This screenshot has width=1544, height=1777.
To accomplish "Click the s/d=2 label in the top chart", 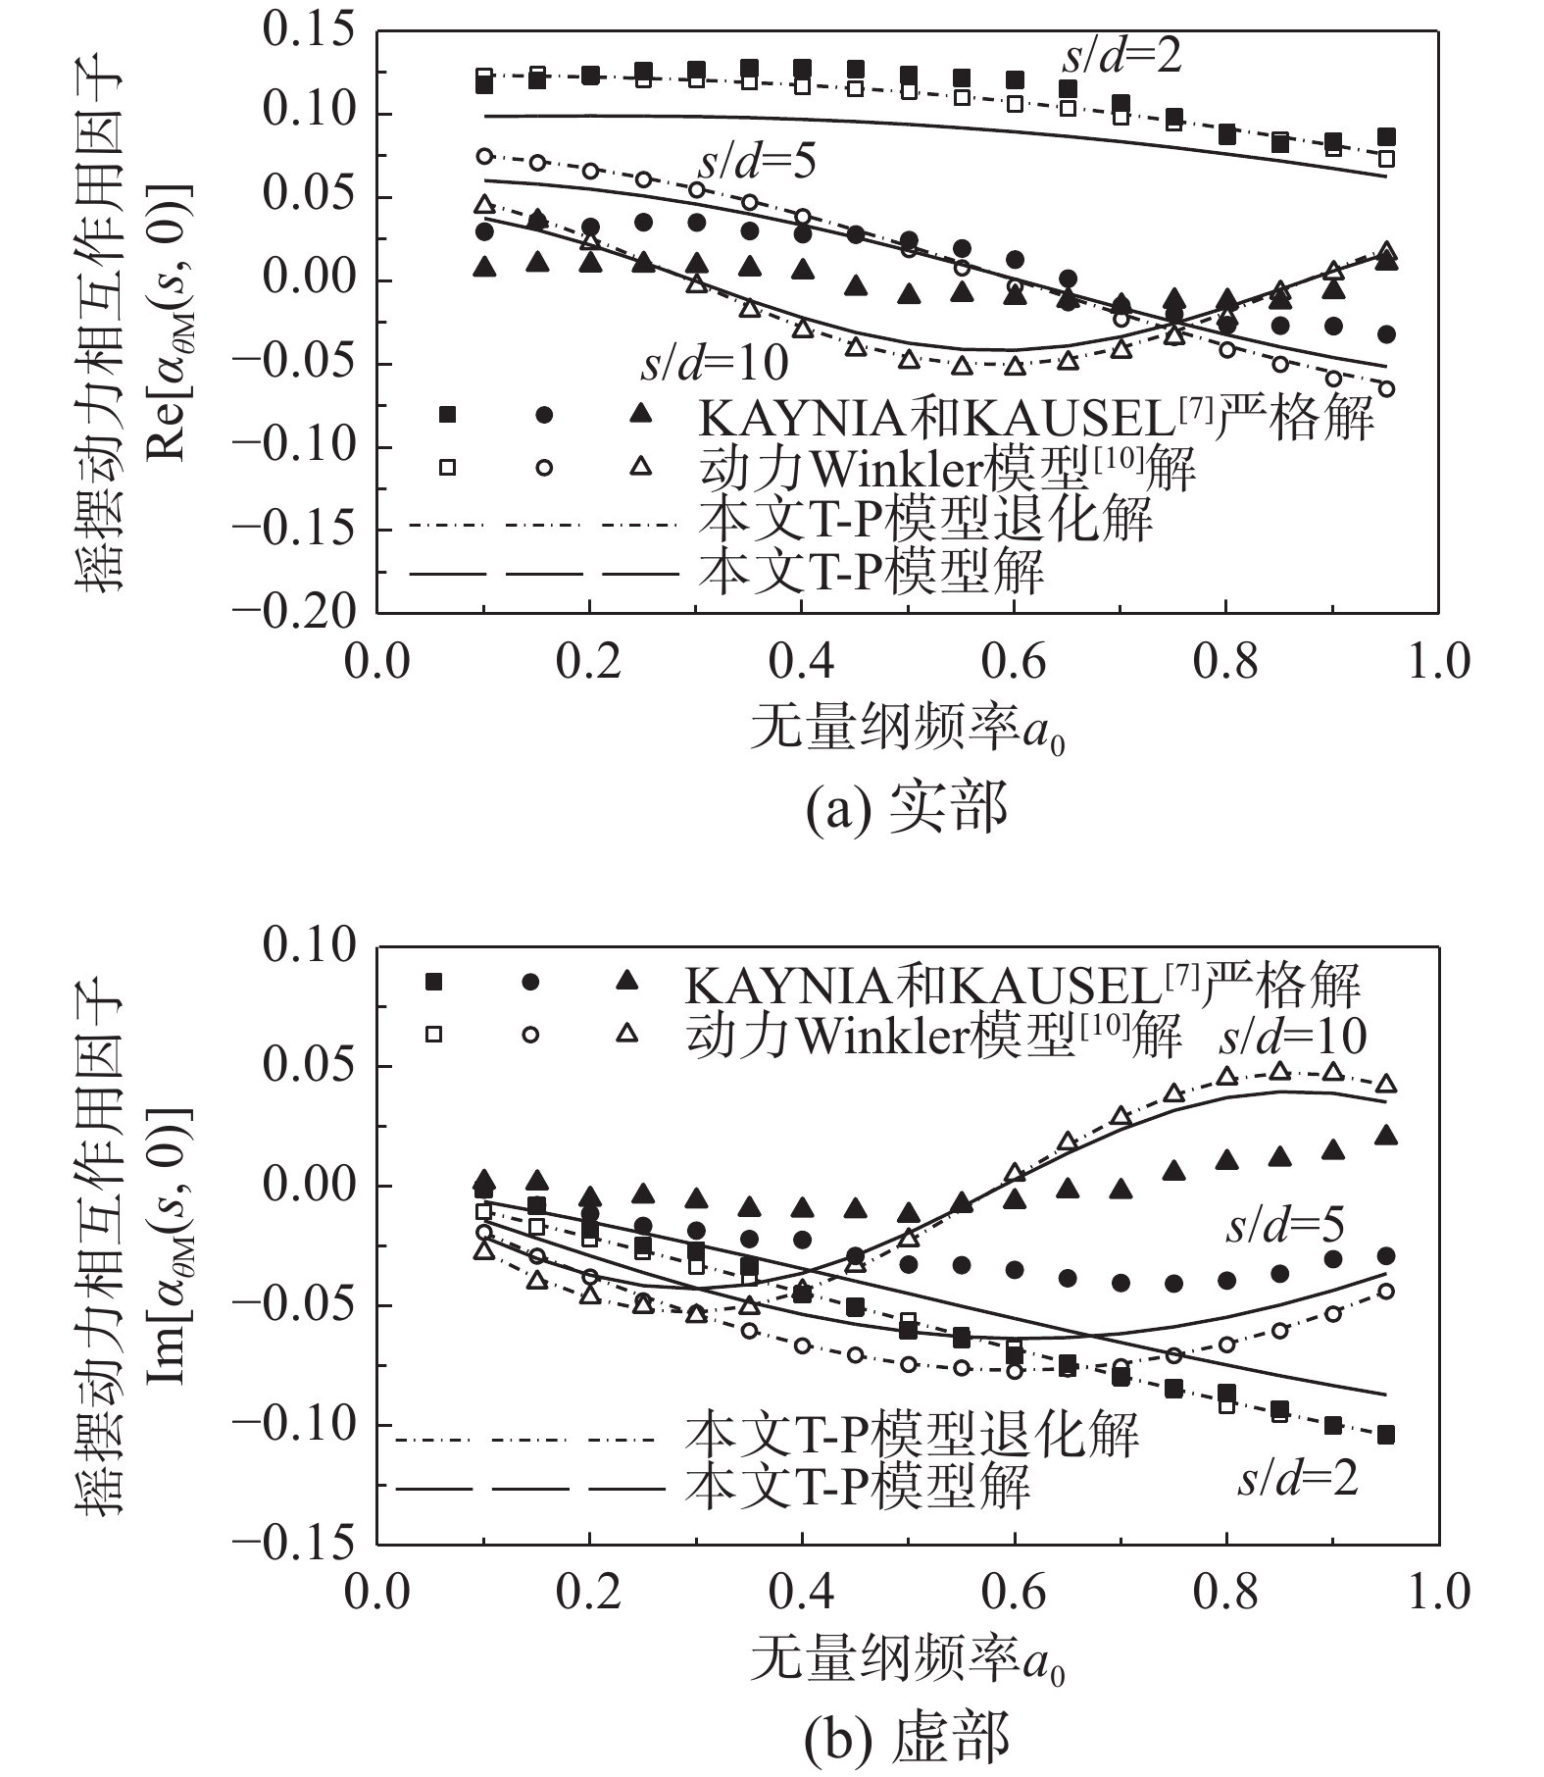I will click(x=1121, y=57).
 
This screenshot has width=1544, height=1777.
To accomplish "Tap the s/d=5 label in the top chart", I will click(x=757, y=162).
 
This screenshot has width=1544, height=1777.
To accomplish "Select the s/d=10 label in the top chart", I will click(x=715, y=364).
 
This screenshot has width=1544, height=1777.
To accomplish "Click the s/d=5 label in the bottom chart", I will click(x=1285, y=1226).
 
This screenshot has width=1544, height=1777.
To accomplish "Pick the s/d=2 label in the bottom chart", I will click(x=1298, y=1478).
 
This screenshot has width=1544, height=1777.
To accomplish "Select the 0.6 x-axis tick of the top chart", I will click(x=1014, y=662).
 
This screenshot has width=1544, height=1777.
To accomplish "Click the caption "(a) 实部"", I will click(x=906, y=810).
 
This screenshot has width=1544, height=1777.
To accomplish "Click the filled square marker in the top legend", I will click(x=447, y=415).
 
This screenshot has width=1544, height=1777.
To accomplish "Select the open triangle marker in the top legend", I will click(x=640, y=467).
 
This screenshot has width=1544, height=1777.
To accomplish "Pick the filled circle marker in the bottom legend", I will click(x=530, y=982).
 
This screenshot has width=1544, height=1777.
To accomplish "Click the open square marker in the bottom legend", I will click(x=433, y=1034).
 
